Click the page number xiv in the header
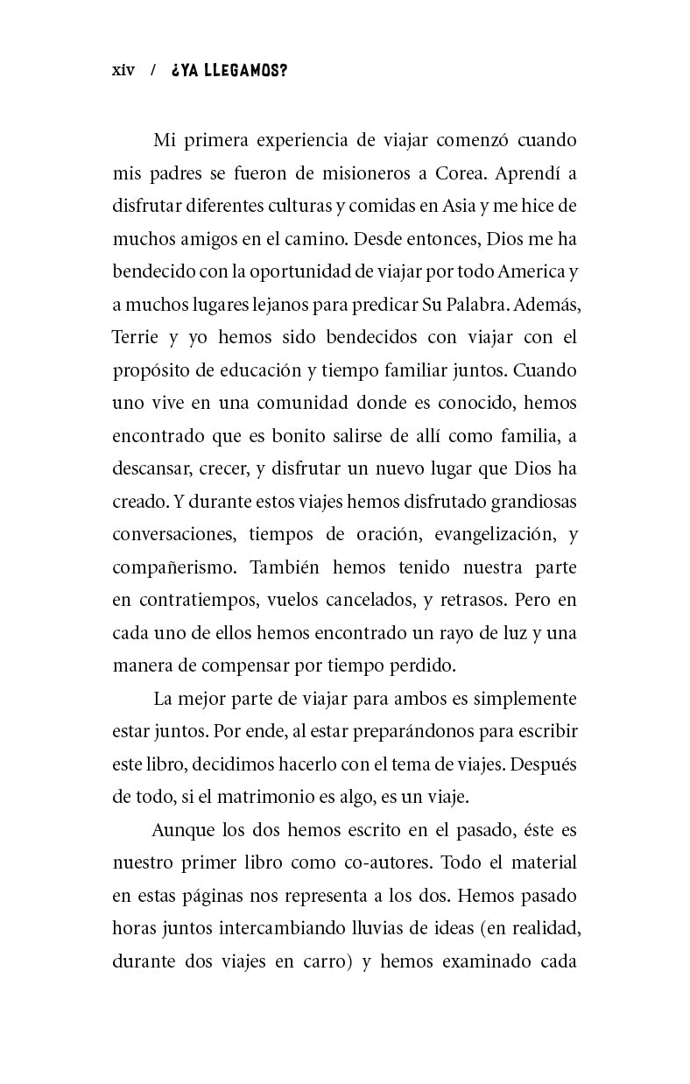123,71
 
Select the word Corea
458,172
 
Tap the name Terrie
135,337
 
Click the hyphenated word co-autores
384,862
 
